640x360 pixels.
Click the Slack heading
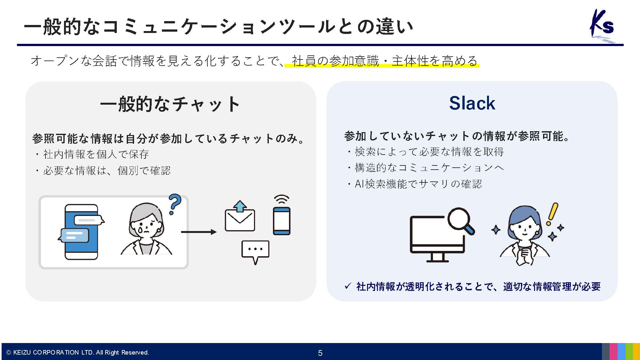click(x=472, y=103)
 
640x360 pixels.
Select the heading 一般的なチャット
click(x=170, y=104)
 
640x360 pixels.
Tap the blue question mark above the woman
click(x=175, y=204)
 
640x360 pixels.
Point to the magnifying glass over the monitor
click(x=460, y=220)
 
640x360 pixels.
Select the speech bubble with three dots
click(x=255, y=251)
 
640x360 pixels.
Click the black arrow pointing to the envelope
click(x=199, y=232)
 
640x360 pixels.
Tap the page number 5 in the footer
click(x=320, y=353)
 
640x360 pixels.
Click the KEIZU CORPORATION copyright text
click(x=78, y=352)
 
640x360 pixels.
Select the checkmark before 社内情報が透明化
click(x=348, y=286)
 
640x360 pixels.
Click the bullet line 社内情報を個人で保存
click(x=96, y=154)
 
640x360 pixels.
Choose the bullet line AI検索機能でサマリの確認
click(x=418, y=184)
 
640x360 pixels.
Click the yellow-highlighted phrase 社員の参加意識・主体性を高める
click(x=384, y=61)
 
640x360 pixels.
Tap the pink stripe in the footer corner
click(x=613, y=351)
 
